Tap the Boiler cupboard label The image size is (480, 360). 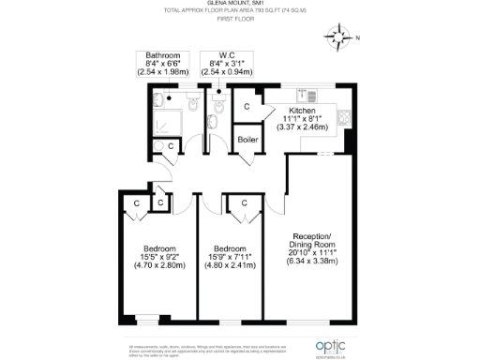[x=247, y=140]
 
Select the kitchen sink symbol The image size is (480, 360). [x=305, y=94]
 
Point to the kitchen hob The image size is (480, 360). [x=345, y=119]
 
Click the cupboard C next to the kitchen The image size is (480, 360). [x=247, y=106]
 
